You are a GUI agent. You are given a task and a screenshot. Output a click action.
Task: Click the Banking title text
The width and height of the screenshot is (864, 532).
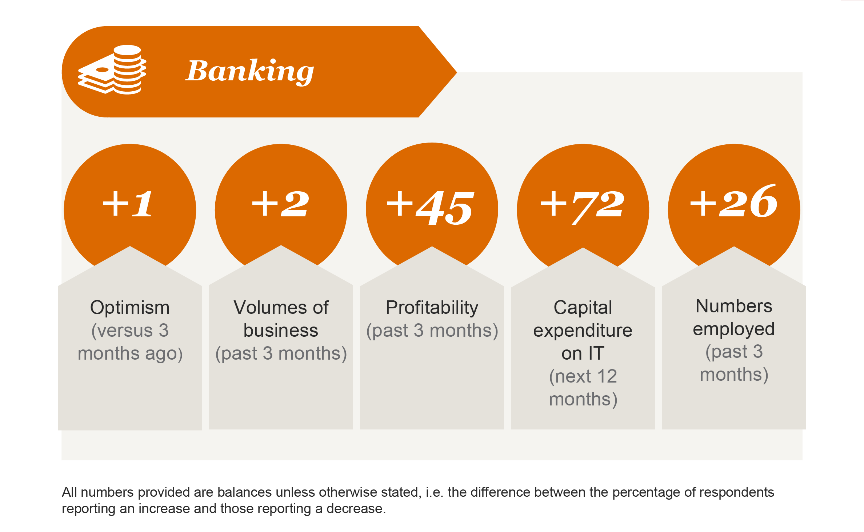tap(250, 72)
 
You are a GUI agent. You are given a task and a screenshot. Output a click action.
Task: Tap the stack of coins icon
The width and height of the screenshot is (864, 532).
tap(112, 70)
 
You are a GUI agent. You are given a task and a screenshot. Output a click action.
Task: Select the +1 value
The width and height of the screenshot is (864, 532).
tap(127, 204)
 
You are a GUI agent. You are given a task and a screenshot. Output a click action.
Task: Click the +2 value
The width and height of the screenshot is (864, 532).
tap(280, 204)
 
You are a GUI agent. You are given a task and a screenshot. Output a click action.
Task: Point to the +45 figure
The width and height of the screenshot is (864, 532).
tap(431, 208)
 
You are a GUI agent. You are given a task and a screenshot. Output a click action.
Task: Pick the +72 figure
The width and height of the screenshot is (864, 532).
tap(583, 207)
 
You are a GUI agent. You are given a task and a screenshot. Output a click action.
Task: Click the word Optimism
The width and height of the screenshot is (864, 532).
tap(130, 308)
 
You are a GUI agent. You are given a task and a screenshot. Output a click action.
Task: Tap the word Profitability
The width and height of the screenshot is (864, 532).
tap(432, 308)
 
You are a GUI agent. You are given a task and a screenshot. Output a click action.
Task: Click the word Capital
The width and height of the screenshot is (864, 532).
tap(583, 308)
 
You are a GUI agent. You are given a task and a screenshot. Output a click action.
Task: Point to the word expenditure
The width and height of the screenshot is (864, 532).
tap(583, 331)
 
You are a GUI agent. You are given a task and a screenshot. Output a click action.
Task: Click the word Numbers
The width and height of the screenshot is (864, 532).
tap(734, 306)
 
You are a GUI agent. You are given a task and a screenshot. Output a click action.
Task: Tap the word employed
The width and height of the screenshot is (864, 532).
tap(734, 329)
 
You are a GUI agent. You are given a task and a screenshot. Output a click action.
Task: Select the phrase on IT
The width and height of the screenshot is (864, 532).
tap(583, 353)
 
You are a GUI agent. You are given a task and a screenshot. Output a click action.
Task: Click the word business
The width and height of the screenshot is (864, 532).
tap(281, 330)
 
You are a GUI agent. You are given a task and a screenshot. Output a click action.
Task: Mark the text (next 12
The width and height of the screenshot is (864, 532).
tap(583, 376)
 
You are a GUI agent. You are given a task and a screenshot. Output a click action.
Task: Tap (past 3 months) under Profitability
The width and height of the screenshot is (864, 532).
tap(432, 331)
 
